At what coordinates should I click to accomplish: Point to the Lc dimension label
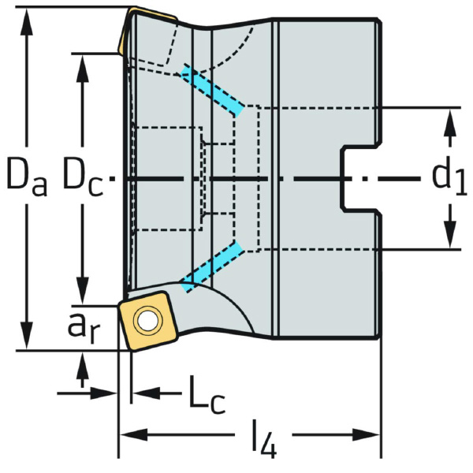pos(207,393)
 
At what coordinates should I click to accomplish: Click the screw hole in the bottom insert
pos(145,320)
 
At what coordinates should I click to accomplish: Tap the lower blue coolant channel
pos(211,268)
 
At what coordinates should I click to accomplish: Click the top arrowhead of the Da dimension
pos(28,20)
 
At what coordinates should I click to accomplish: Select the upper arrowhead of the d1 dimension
pos(449,121)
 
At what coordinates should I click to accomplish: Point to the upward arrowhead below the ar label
pos(83,363)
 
